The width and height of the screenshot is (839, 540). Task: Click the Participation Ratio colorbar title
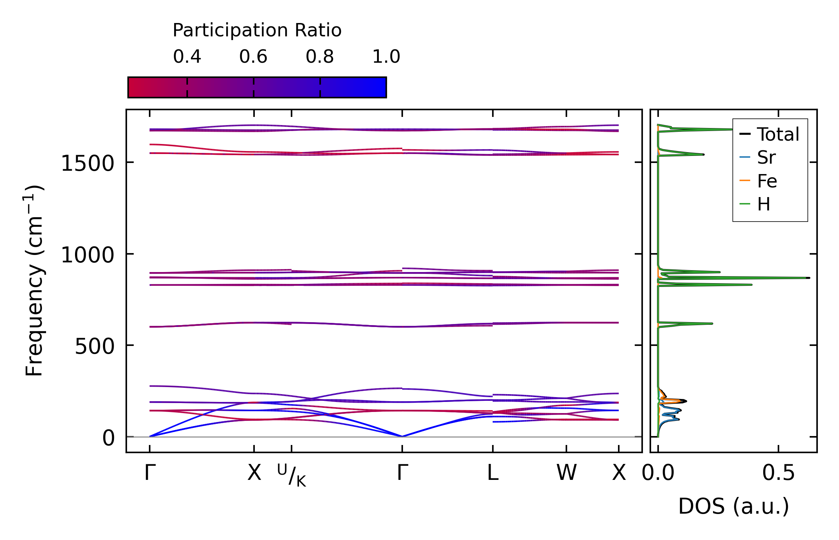click(257, 30)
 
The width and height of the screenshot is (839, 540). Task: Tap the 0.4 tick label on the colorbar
click(187, 57)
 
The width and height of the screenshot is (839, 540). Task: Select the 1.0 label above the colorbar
click(386, 57)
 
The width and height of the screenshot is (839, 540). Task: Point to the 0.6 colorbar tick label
click(253, 57)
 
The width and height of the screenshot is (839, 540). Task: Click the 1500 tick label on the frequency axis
click(87, 163)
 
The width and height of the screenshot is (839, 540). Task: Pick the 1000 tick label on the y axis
click(87, 255)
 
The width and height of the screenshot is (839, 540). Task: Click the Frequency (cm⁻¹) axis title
click(34, 281)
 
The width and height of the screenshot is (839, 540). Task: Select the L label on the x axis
click(492, 473)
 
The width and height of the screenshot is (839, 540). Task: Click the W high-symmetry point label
click(566, 473)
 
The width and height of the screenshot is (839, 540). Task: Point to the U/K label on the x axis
click(292, 475)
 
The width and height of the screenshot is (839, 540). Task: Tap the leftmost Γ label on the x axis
click(150, 473)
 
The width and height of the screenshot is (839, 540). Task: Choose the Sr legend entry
click(766, 158)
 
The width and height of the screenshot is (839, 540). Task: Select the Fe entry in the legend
click(767, 181)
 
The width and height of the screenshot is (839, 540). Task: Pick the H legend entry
click(764, 204)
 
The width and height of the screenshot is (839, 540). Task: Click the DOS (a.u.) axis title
click(734, 506)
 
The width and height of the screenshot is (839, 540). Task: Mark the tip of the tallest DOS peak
click(809, 278)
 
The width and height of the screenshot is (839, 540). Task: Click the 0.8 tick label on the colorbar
click(320, 57)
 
